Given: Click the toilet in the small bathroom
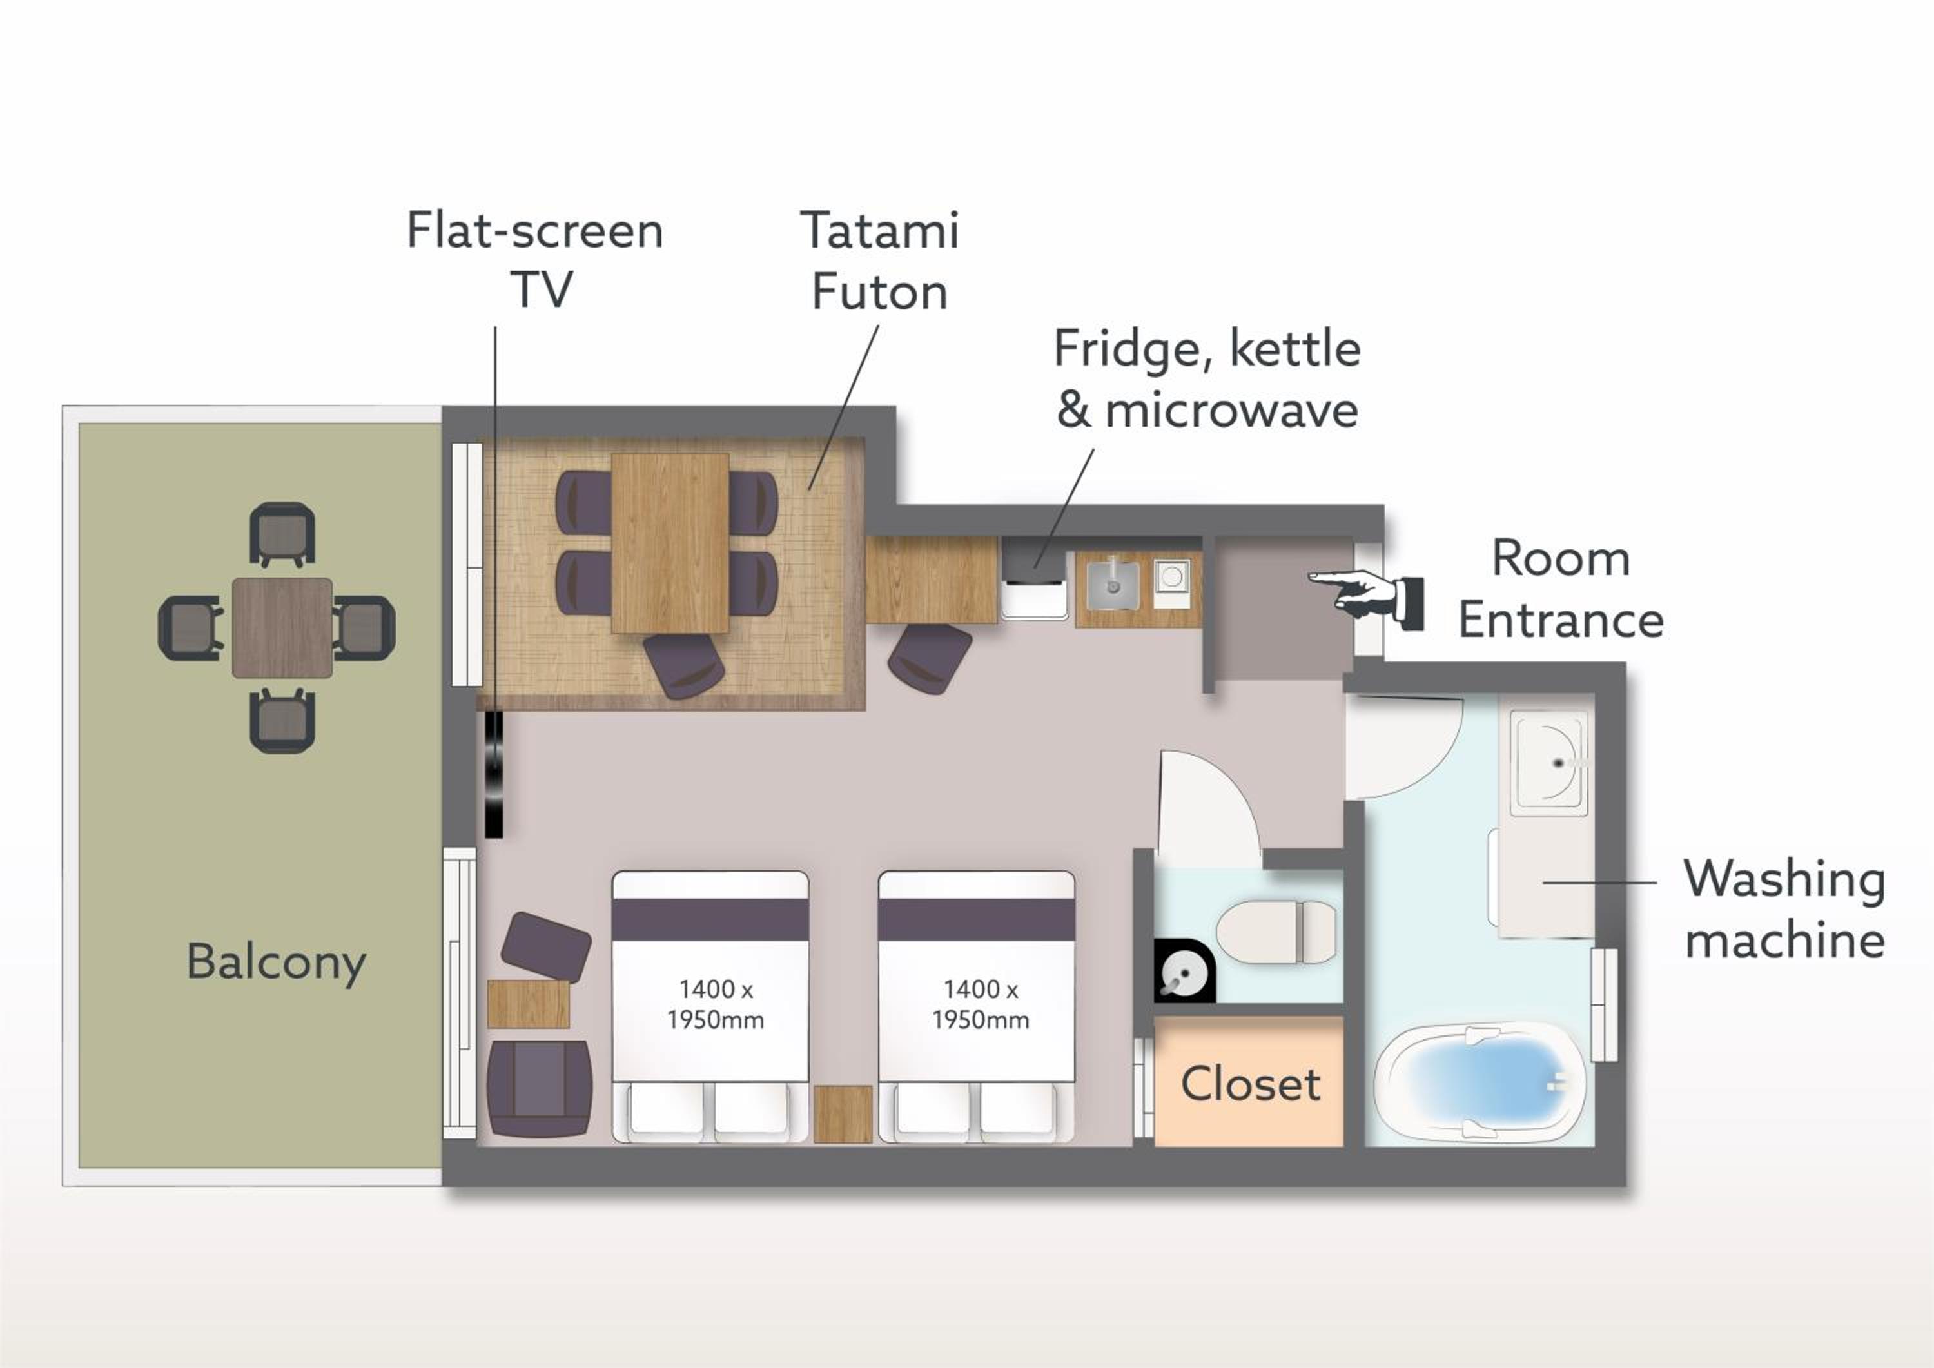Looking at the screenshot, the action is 1275,932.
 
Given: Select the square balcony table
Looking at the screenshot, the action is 282,627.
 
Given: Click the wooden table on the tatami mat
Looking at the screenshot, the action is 670,543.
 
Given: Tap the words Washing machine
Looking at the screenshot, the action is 1784,909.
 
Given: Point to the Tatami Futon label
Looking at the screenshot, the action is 879,260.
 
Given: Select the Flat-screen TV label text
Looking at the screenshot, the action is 536,259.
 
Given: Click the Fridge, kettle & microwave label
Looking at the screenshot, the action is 1207,379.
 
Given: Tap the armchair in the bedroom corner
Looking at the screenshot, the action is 539,1089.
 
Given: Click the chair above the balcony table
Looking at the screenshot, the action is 282,534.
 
